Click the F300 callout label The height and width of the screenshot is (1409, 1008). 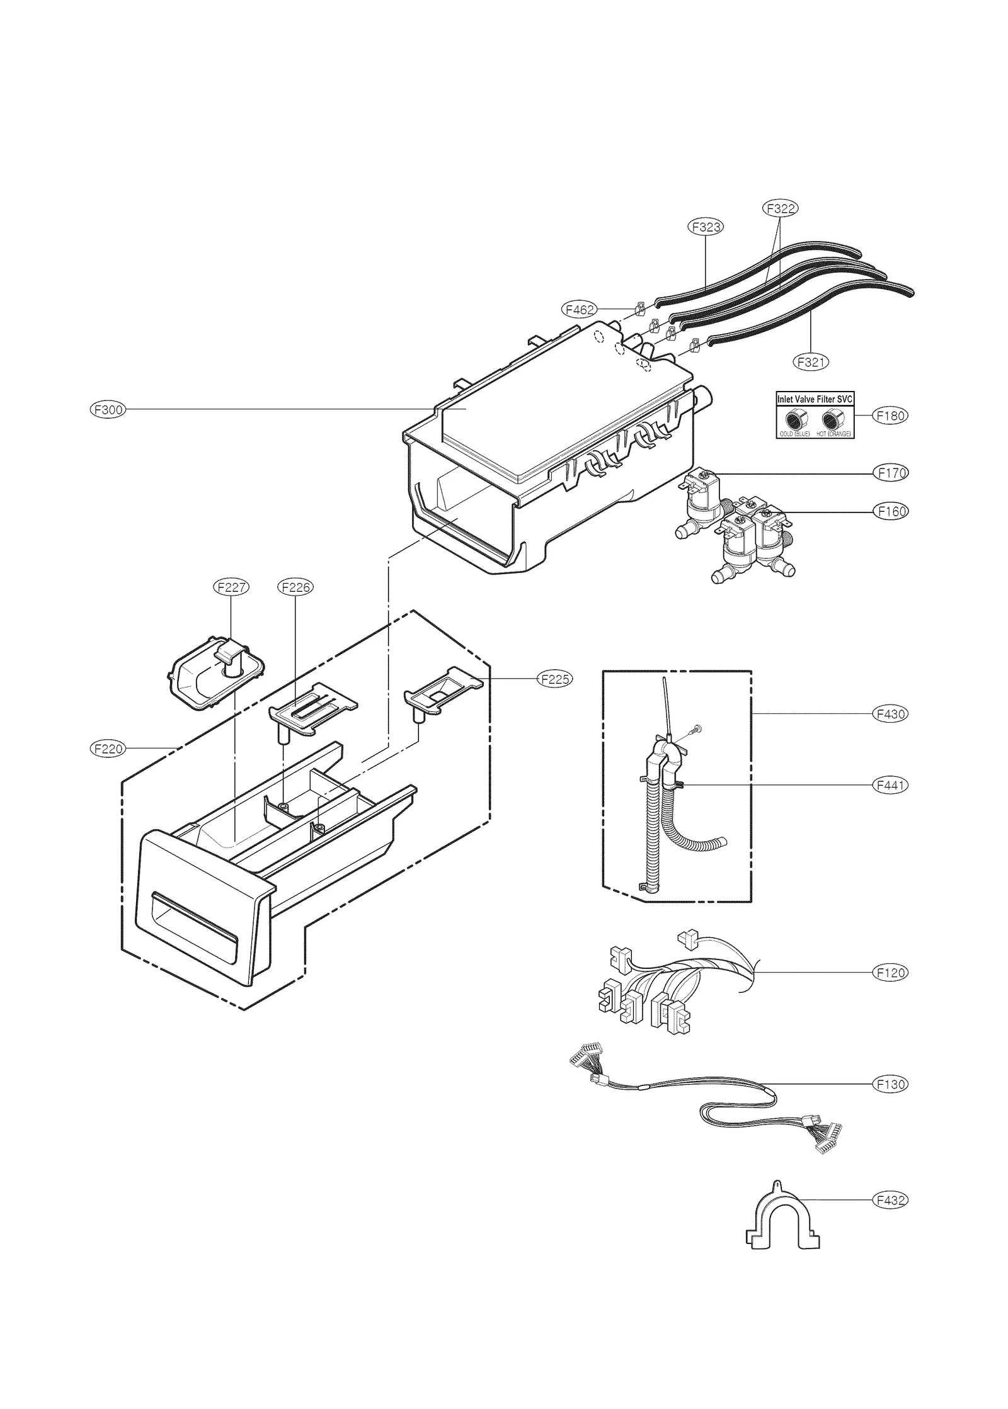coord(108,410)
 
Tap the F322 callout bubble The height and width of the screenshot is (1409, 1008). coord(780,208)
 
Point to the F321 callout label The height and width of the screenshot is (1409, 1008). coord(810,362)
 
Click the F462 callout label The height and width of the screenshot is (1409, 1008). coord(578,310)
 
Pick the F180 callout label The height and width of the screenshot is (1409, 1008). coord(890,416)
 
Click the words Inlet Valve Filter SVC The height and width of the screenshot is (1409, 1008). coord(815,399)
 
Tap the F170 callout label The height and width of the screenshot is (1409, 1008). coord(890,473)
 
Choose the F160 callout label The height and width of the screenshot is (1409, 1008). coord(890,512)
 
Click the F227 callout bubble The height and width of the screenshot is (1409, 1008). coord(231,587)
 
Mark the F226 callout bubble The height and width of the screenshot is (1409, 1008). coord(295,587)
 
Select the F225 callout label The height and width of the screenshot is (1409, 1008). coord(554,679)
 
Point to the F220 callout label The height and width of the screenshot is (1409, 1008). coord(108,749)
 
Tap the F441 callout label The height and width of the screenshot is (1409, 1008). coord(890,785)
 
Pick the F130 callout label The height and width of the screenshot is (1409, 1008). coord(890,1084)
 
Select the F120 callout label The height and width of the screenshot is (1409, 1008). coord(890,973)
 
